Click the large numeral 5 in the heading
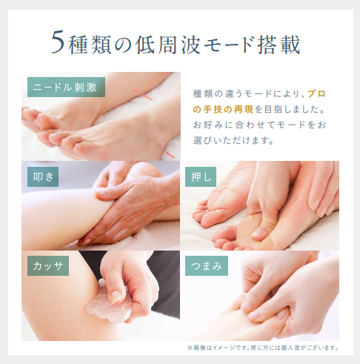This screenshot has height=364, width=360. click(58, 42)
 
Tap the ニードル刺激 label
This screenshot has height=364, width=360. click(66, 87)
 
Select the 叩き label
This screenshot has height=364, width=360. click(43, 176)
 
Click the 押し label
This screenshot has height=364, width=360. click(201, 176)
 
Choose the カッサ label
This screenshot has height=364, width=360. click(48, 265)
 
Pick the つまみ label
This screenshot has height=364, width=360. click(207, 265)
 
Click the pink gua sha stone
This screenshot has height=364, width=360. click(109, 306)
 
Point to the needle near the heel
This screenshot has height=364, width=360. click(170, 155)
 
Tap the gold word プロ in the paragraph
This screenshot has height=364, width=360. click(316, 94)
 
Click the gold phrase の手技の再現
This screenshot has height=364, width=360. click(223, 110)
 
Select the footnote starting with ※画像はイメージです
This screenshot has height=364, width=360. click(263, 348)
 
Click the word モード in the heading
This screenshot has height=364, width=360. click(229, 45)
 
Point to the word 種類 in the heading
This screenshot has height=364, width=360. click(90, 44)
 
